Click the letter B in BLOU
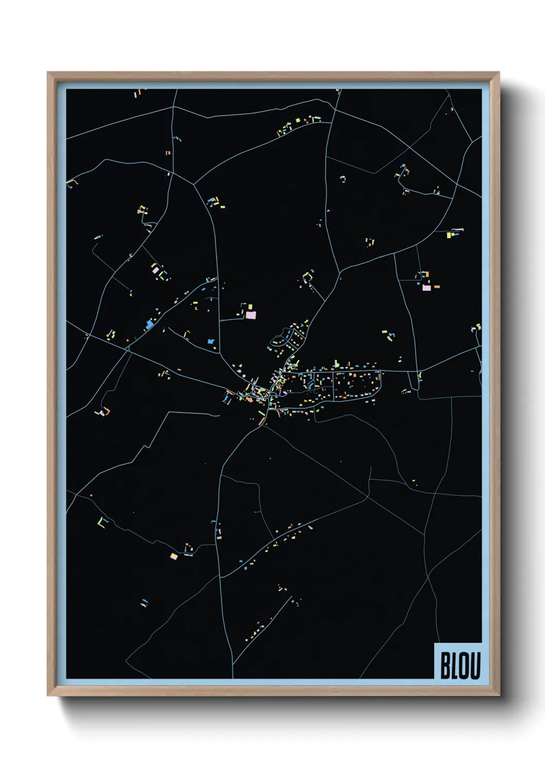point(445,666)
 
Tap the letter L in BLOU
point(454,666)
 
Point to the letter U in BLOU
point(475,666)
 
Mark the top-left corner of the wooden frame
point(48,73)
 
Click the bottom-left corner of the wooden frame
point(48,696)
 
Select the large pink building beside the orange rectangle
point(427,288)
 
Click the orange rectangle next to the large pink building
point(437,286)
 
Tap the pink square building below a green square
point(250,314)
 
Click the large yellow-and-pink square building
point(174,556)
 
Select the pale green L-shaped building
point(101,521)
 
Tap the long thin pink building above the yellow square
point(457,229)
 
